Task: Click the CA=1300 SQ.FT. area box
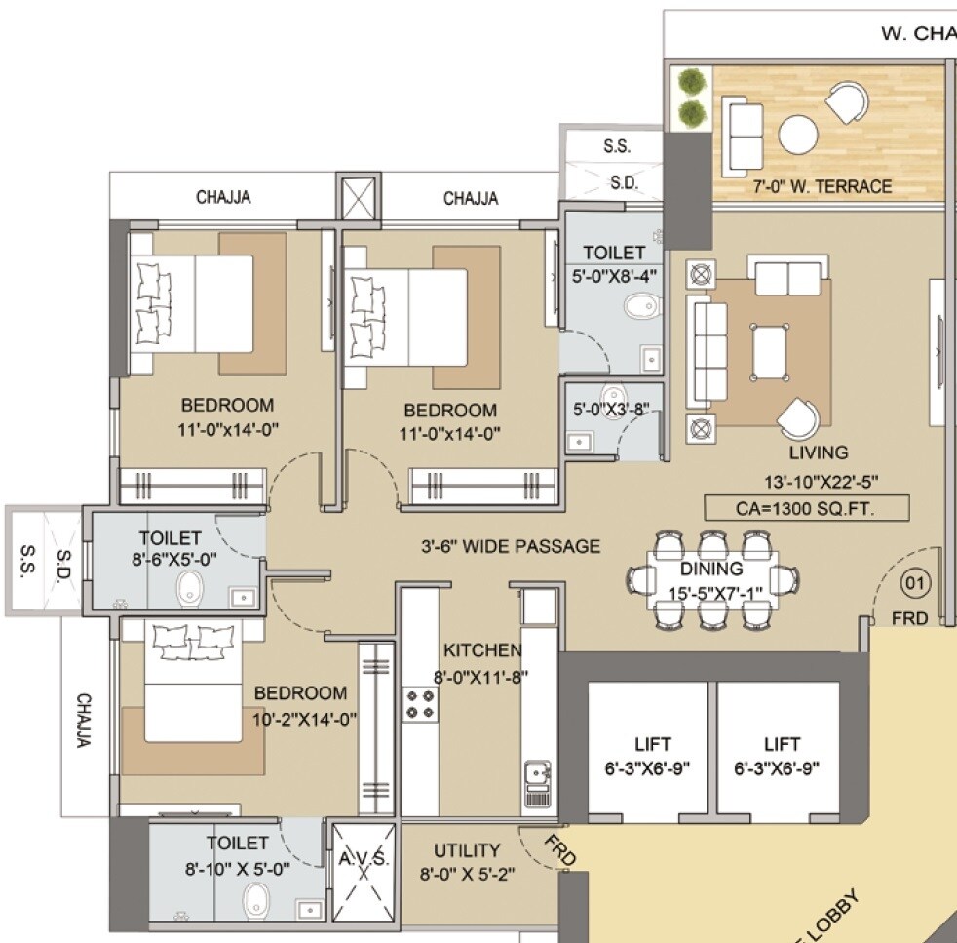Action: tap(807, 507)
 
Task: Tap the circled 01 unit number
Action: tap(917, 583)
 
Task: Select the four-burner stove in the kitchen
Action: tap(420, 703)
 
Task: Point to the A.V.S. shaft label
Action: tap(364, 859)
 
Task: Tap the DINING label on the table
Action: tap(711, 569)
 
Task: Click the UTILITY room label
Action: tap(467, 850)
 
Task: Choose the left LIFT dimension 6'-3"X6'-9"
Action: tap(648, 767)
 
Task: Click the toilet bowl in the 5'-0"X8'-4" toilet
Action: tap(638, 308)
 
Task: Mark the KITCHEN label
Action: tap(482, 650)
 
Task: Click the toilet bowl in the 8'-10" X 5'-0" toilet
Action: tap(256, 898)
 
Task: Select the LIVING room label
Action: tap(819, 452)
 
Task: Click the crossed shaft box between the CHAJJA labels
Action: tap(354, 198)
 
